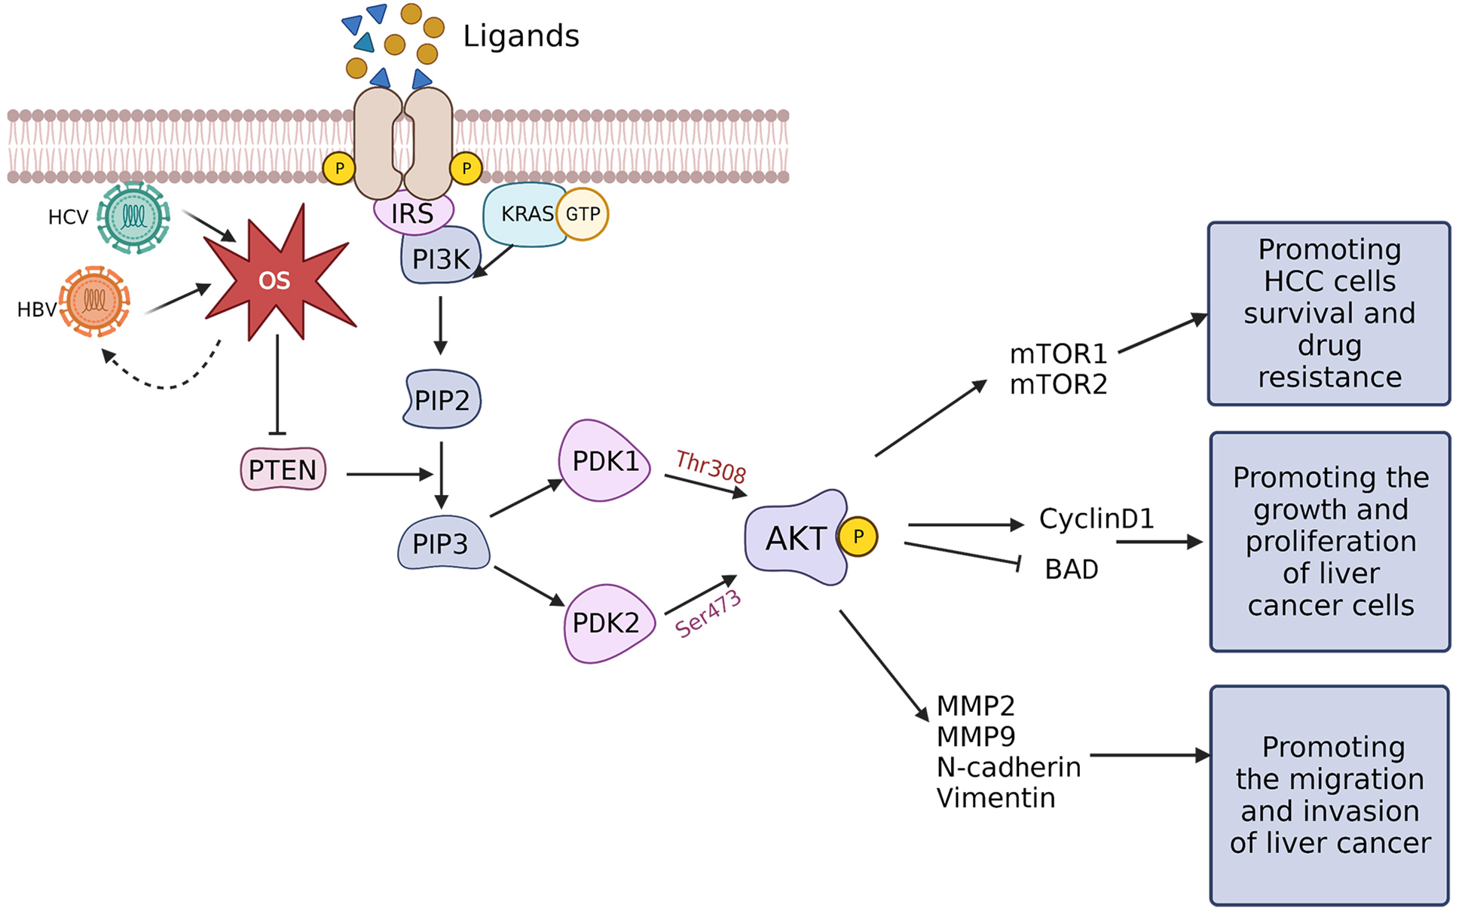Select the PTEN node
pyautogui.click(x=283, y=469)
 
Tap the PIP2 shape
pyautogui.click(x=442, y=399)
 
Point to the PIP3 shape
pyautogui.click(x=442, y=543)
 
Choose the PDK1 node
pyautogui.click(x=604, y=461)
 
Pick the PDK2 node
pyautogui.click(x=606, y=622)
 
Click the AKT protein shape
pyautogui.click(x=795, y=538)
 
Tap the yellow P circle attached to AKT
pyautogui.click(x=858, y=537)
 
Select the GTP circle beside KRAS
pyautogui.click(x=583, y=214)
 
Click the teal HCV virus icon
pyautogui.click(x=133, y=217)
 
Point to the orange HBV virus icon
pyautogui.click(x=95, y=301)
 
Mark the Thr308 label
pyautogui.click(x=711, y=466)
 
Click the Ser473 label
pyautogui.click(x=708, y=615)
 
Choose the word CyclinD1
pyautogui.click(x=1096, y=518)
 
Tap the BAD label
pyautogui.click(x=1071, y=569)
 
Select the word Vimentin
pyautogui.click(x=996, y=798)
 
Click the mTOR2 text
pyautogui.click(x=1058, y=384)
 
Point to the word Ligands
pyautogui.click(x=521, y=36)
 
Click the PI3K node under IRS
pyautogui.click(x=440, y=259)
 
